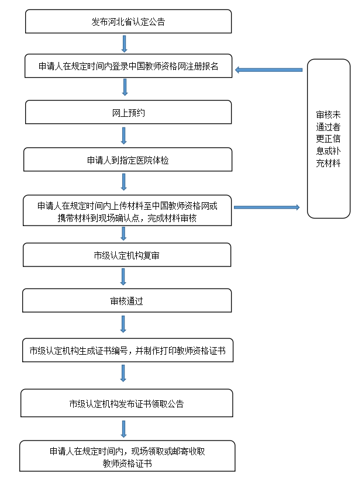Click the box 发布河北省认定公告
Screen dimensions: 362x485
[128, 22]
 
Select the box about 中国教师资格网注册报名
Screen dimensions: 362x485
[128, 66]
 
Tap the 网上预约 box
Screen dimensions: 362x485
[128, 112]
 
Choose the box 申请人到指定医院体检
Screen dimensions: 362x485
[127, 160]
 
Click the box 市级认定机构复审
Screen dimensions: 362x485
[127, 255]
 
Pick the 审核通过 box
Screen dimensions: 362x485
[127, 300]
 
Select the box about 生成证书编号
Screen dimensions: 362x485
[127, 350]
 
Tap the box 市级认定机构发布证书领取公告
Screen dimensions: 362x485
[127, 403]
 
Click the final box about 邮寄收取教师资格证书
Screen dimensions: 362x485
[127, 456]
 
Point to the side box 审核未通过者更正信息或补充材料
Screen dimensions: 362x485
[329, 138]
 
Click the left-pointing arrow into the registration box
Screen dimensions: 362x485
[269, 70]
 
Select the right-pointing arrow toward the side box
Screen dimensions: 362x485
[267, 207]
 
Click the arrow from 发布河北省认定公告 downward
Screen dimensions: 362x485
[125, 44]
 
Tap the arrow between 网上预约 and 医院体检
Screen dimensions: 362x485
[124, 136]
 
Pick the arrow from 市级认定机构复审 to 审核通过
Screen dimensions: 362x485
[123, 277]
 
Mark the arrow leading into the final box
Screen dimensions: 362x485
[123, 429]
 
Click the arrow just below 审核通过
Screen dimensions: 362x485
[123, 324]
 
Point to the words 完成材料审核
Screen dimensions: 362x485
[172, 219]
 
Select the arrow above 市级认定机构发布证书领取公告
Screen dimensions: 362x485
[123, 373]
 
